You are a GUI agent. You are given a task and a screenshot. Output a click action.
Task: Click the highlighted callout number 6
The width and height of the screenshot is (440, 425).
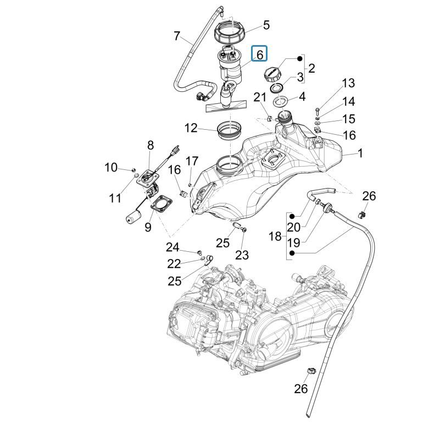259,54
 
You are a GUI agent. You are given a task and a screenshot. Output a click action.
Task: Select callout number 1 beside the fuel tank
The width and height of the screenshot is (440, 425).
360,153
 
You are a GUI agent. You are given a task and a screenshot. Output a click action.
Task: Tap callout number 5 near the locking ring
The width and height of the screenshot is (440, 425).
266,25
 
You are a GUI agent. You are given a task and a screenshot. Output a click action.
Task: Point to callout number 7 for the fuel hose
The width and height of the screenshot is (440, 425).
176,36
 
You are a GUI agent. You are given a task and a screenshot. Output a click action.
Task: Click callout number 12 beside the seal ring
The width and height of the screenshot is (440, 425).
191,128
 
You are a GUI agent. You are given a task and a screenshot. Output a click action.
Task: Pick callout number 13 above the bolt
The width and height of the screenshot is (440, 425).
348,84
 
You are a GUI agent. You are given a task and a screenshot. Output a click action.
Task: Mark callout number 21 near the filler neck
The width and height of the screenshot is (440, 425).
260,97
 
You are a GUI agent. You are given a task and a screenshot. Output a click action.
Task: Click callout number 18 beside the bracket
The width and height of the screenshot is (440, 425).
275,236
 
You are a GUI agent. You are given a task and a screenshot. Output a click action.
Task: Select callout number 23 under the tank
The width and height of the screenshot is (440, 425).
242,255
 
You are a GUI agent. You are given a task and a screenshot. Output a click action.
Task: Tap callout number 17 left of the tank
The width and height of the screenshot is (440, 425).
191,161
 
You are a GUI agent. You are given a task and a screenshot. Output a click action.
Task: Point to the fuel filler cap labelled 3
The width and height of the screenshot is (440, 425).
273,73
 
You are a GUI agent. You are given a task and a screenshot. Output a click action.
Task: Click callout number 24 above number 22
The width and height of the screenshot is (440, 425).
173,247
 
